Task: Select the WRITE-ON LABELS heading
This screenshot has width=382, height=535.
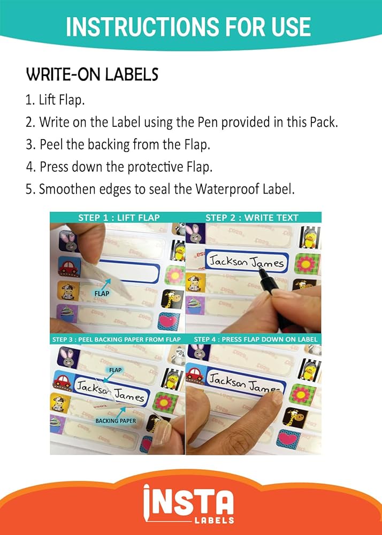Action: coord(92,75)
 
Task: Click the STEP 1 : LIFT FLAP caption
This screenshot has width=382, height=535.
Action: coord(119,218)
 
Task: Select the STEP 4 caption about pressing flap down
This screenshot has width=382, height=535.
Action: coord(255,340)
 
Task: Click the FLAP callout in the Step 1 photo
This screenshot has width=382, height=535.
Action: coord(102,293)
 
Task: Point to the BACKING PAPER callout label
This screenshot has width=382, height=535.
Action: coord(116,421)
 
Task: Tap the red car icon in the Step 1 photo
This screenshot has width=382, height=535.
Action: coord(70,266)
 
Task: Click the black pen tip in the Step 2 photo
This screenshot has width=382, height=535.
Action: coord(261,272)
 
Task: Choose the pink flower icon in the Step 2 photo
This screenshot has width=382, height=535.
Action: coord(308,264)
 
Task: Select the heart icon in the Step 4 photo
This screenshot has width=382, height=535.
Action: coord(289,440)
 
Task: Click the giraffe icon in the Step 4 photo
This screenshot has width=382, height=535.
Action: coord(295,417)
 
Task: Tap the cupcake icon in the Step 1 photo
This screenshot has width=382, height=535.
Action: coord(64,314)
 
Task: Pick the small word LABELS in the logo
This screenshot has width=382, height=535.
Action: coord(214,520)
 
